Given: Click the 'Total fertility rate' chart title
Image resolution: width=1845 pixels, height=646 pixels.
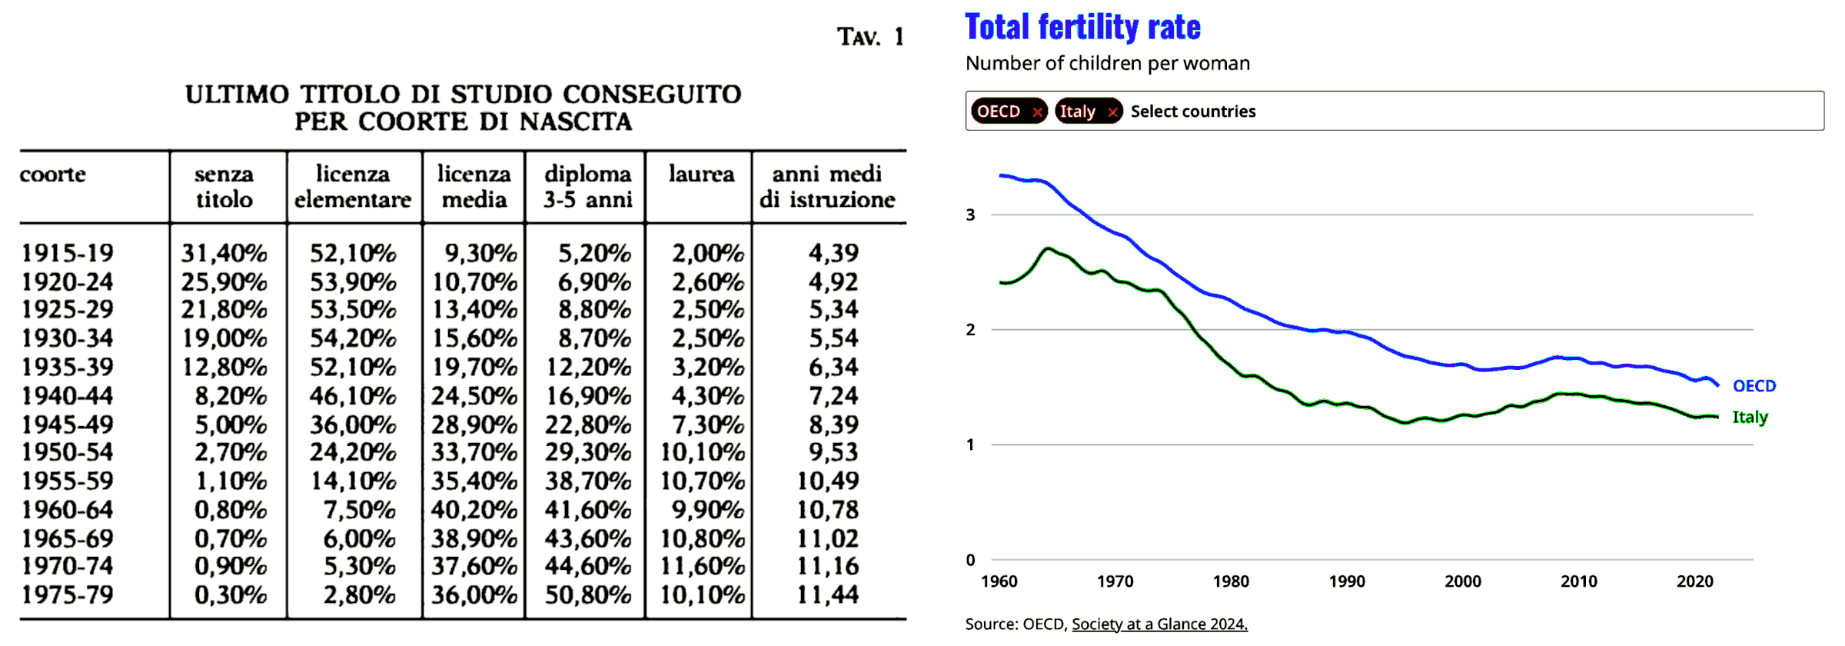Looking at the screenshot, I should (x=1082, y=28).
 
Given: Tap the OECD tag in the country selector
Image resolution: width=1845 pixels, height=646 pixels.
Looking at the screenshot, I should (x=999, y=112).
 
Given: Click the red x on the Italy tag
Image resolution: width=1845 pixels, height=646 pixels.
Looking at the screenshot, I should (x=1112, y=112).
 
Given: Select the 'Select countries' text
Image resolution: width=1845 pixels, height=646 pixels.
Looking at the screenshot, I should (x=1192, y=112).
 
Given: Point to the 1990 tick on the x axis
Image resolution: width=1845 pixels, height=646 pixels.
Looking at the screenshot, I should (x=1347, y=581).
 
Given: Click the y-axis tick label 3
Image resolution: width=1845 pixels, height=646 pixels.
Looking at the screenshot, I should (x=971, y=215).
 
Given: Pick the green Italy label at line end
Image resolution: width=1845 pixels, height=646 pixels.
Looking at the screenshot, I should (x=1750, y=417).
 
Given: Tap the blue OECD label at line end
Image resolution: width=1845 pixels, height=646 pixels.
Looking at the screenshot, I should (x=1754, y=386).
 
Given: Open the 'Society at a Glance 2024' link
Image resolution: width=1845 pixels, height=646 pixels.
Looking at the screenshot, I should (x=1159, y=624).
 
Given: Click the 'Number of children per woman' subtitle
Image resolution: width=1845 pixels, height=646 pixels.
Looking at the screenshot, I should (x=1107, y=63).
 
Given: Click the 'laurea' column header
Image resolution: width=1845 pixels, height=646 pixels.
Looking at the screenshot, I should (x=701, y=175).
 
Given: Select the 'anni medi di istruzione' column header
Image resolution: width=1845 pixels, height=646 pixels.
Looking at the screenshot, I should (x=827, y=187).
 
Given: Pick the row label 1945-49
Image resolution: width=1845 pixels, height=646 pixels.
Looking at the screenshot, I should (x=68, y=425).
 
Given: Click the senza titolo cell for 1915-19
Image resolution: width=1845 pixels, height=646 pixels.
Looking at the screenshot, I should (x=224, y=253).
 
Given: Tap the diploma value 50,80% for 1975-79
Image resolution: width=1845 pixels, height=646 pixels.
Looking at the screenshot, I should (x=588, y=595).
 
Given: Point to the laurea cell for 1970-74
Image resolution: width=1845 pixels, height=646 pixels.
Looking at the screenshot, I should (x=702, y=567).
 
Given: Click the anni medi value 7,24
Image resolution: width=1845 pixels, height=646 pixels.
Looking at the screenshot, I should (x=833, y=396).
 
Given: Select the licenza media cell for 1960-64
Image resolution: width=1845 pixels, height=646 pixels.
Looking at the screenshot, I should (x=474, y=510).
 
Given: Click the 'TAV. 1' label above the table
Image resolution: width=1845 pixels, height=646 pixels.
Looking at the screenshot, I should (x=870, y=37).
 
